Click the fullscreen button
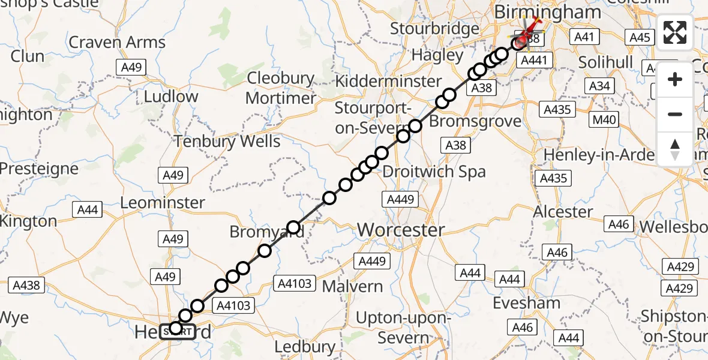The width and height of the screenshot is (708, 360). coord(675,32)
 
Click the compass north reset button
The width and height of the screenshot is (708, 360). coord(675,149)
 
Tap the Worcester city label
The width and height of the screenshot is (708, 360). coord(401,230)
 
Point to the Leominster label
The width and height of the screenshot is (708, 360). coord(163,203)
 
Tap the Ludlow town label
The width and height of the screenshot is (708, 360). coord(171,96)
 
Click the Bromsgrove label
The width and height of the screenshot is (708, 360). coord(476,121)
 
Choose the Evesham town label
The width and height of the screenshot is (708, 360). coord(529,302)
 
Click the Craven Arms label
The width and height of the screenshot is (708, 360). coord(117,43)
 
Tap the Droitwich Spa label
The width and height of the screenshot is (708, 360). coord(434,172)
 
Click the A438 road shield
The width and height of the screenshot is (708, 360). coord(26,285)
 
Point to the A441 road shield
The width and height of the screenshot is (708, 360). coord(533,60)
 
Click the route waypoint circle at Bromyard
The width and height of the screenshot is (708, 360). coord(293,227)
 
